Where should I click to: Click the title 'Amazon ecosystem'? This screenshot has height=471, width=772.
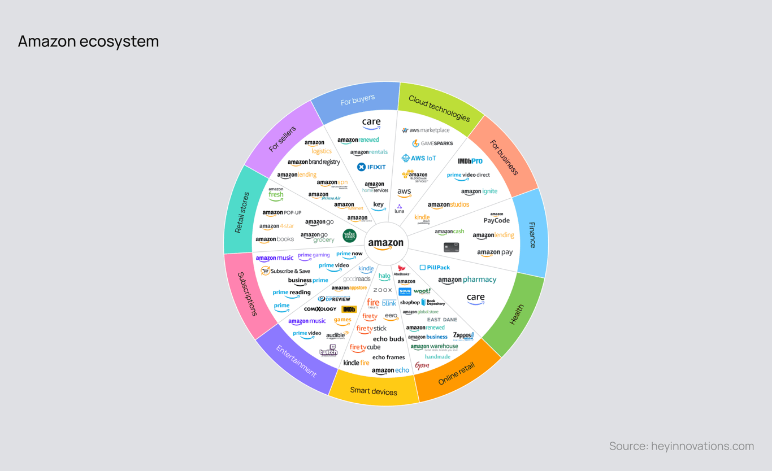coord(88,41)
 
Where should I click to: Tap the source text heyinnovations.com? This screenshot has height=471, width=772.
coord(682,446)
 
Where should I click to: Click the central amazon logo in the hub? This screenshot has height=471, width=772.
coord(386,244)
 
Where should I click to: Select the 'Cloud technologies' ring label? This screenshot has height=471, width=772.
coord(439,108)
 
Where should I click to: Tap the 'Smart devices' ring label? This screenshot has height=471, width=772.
coord(374,391)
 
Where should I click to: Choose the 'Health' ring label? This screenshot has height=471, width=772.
coord(517,315)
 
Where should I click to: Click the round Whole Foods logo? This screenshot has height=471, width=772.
coord(349,236)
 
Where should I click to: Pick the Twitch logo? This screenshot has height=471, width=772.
coord(328,351)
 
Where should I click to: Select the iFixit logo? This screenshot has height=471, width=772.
coord(371,167)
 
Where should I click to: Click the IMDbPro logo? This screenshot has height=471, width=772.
coord(470,161)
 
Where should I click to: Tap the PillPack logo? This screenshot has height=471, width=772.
coord(435,267)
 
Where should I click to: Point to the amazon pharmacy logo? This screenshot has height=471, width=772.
coord(467,280)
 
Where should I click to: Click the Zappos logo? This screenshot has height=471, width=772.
coord(463,336)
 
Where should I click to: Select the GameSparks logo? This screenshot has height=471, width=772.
coord(432,143)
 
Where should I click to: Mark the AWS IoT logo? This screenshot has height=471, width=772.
coord(419,158)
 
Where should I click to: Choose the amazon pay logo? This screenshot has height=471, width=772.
coord(495,253)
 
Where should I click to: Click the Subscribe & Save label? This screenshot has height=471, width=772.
coord(285,271)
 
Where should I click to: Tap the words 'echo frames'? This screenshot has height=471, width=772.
coord(389,357)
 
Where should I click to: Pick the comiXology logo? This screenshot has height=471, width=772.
coord(320,309)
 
